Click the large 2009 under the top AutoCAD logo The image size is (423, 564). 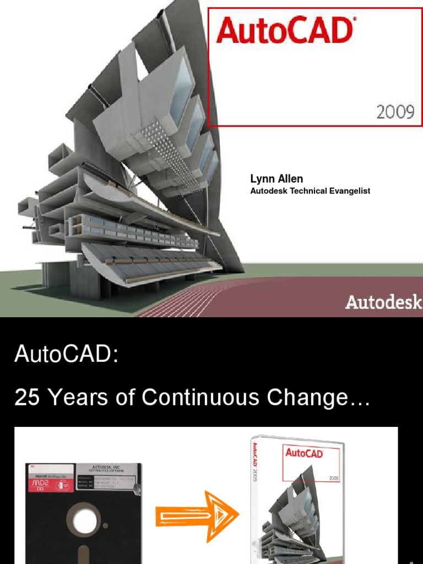[x=395, y=112]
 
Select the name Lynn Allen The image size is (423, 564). [x=276, y=179]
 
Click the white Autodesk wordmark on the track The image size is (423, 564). [x=383, y=302]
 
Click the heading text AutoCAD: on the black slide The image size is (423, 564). [x=67, y=354]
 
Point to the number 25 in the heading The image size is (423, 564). [x=27, y=397]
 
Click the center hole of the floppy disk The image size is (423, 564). [x=85, y=520]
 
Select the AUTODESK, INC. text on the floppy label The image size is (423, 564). [x=107, y=467]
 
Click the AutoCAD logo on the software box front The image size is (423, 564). [x=303, y=453]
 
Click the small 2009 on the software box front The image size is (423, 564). [x=334, y=478]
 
